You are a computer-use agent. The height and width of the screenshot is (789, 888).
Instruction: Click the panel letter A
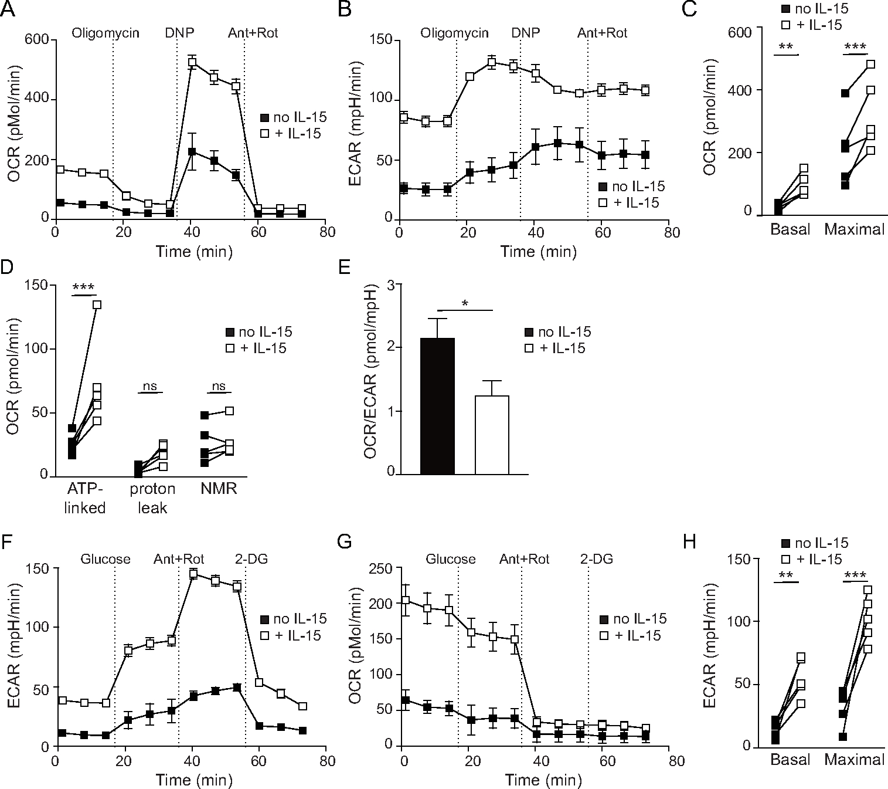(x=8, y=9)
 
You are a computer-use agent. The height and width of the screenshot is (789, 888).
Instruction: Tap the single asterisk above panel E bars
(x=465, y=303)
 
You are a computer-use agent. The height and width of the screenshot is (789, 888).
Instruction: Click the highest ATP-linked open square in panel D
(x=97, y=304)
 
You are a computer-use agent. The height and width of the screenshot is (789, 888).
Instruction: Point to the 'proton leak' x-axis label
(x=152, y=498)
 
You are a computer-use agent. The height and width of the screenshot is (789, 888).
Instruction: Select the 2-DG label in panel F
(x=251, y=559)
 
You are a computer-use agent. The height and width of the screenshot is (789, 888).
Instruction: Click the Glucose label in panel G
(x=451, y=559)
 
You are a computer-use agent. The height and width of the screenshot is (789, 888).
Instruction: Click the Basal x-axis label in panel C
(x=790, y=229)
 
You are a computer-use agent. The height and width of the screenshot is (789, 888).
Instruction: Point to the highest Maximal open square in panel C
(x=870, y=64)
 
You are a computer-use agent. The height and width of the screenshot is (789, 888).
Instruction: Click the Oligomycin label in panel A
(x=106, y=33)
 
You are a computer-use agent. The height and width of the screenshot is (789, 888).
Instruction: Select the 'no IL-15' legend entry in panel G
(x=632, y=619)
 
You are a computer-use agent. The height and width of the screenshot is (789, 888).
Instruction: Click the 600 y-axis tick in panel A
(x=37, y=40)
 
